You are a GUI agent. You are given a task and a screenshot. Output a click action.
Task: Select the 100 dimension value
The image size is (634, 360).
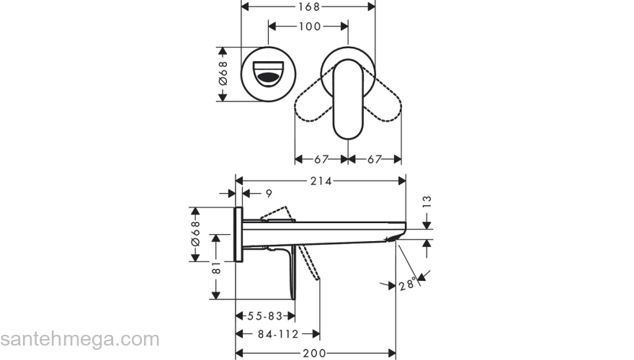(x=310, y=27)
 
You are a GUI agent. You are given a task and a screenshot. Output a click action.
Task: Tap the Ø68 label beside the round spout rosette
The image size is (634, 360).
(x=223, y=73)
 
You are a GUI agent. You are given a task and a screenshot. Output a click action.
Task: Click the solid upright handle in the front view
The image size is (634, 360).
(x=349, y=99)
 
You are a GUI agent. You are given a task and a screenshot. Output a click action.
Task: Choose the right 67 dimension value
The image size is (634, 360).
(x=375, y=159)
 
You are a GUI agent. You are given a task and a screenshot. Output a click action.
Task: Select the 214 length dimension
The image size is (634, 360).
(x=321, y=181)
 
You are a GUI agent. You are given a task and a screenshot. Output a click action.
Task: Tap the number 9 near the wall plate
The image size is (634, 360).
(x=268, y=194)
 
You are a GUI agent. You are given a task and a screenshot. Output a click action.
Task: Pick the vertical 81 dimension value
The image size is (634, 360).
(x=215, y=267)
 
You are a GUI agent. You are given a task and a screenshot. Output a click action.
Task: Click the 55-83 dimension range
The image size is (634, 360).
(x=264, y=316)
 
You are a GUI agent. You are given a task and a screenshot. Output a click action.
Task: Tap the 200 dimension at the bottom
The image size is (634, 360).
(x=314, y=353)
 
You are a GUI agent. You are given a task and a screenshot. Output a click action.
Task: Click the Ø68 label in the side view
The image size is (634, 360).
(x=195, y=234)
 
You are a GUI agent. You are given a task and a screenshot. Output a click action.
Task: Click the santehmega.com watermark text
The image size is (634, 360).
(x=79, y=339)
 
